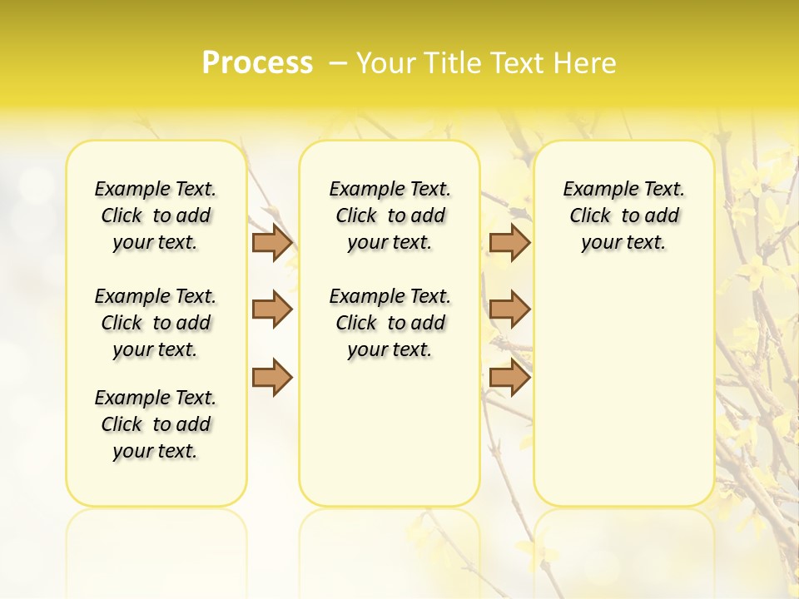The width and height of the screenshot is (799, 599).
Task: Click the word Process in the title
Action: pos(257,63)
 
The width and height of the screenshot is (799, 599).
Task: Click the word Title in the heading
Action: pos(449,63)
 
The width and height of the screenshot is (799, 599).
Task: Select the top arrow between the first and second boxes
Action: pos(272,242)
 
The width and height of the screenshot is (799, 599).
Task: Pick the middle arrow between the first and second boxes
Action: pos(272,309)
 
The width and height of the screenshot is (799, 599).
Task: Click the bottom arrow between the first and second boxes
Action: pos(272,377)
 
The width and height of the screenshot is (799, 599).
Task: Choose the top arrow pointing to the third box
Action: pos(509,242)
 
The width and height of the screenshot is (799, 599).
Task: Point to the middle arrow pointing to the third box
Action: pos(509,309)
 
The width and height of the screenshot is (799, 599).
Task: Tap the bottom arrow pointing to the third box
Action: pos(509,377)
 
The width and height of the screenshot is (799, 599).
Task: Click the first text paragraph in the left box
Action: pos(156,215)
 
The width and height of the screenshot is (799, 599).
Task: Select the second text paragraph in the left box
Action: pos(156,323)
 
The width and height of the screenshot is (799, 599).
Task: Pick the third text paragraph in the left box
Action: pos(156,424)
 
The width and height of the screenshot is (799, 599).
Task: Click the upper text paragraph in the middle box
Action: pos(390,215)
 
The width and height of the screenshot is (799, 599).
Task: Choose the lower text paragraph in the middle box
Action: pos(390,323)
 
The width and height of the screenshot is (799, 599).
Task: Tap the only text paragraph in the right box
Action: pos(624,215)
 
